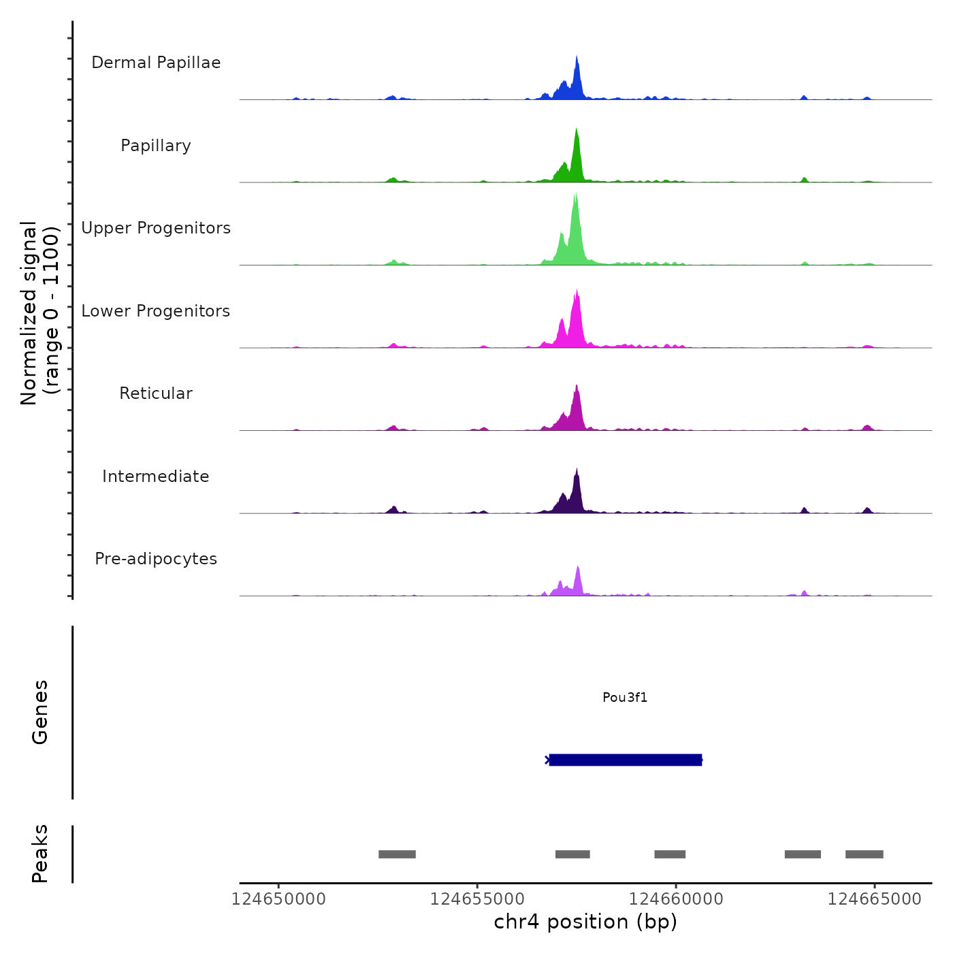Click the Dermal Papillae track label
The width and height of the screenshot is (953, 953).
[156, 63]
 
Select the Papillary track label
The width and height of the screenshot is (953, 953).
[156, 146]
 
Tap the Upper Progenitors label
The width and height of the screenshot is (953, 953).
[156, 228]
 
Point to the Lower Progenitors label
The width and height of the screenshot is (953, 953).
[156, 311]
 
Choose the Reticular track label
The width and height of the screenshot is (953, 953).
[156, 393]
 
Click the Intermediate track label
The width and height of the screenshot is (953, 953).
[156, 476]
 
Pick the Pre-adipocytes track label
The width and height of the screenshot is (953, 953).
[156, 559]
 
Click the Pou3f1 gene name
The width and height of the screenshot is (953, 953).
[625, 697]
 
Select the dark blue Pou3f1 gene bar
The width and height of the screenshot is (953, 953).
[625, 760]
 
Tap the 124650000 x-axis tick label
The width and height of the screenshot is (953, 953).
[278, 899]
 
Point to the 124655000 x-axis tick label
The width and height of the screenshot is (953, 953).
[477, 899]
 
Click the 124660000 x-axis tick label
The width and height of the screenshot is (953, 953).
[676, 899]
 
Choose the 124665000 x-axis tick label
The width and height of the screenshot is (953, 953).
[875, 899]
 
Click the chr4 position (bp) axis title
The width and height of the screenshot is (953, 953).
[585, 922]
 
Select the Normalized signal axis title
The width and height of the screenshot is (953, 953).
[39, 312]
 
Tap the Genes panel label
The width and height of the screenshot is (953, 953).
[40, 712]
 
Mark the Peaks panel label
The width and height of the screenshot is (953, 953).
[40, 854]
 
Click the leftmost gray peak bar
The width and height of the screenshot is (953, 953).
[397, 854]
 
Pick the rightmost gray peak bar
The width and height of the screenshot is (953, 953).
[864, 854]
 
